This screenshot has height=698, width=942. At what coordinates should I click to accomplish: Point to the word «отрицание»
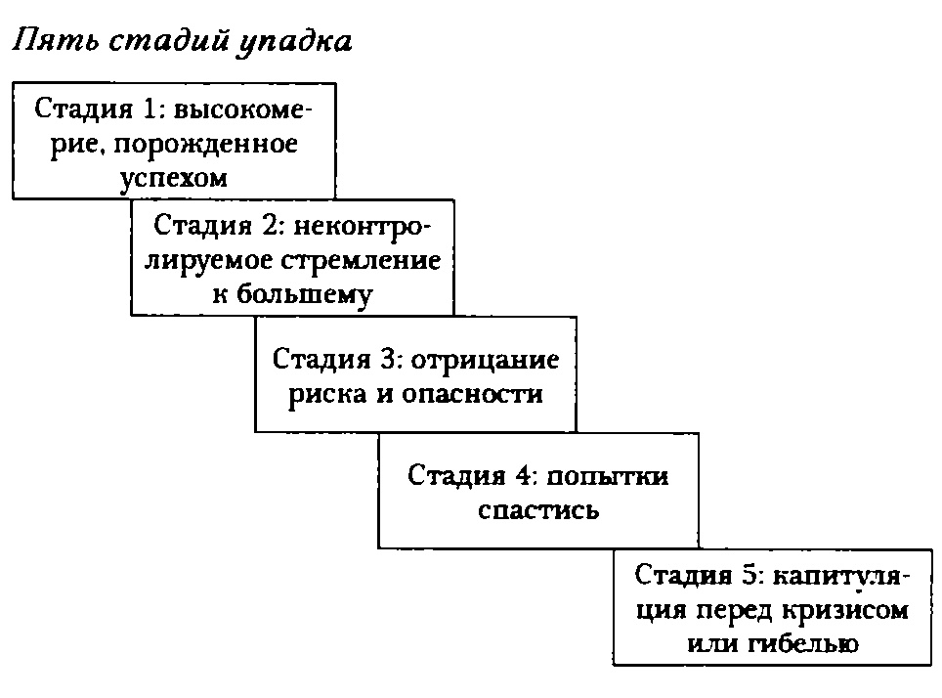pos(487,360)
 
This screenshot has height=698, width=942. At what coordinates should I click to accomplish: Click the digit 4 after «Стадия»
pos(523,476)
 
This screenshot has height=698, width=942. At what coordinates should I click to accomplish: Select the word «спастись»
pos(538,510)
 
